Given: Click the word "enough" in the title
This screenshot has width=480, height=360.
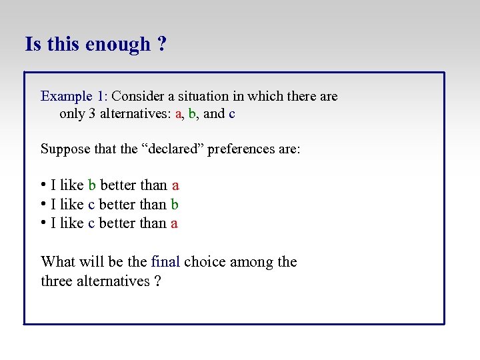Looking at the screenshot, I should pyautogui.click(x=117, y=45).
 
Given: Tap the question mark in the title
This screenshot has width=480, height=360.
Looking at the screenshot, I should pyautogui.click(x=162, y=44).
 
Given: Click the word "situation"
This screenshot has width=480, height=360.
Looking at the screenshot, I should pyautogui.click(x=213, y=96).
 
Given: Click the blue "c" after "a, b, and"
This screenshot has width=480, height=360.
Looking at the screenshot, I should pyautogui.click(x=231, y=114).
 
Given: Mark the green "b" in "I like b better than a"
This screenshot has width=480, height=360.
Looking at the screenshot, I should pyautogui.click(x=92, y=185).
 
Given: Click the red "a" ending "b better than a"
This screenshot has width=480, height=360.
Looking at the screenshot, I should pyautogui.click(x=175, y=186).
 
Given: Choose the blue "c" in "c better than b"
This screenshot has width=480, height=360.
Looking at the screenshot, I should pyautogui.click(x=91, y=205).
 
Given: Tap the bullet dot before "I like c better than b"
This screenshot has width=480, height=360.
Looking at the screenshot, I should pyautogui.click(x=43, y=204).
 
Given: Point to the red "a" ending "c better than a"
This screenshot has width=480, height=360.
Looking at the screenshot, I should pyautogui.click(x=174, y=224).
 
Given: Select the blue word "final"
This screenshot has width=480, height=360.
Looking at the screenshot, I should pyautogui.click(x=165, y=262).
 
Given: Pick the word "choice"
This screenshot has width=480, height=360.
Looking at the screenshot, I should pyautogui.click(x=205, y=262).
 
